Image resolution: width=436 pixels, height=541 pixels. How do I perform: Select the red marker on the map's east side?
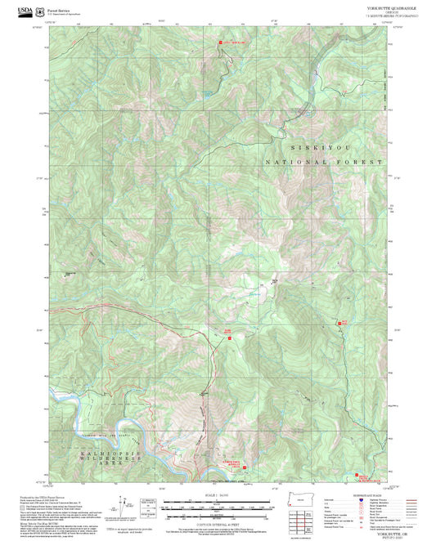pos(344,324)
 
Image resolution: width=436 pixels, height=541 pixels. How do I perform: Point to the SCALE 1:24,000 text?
pos(218,494)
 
